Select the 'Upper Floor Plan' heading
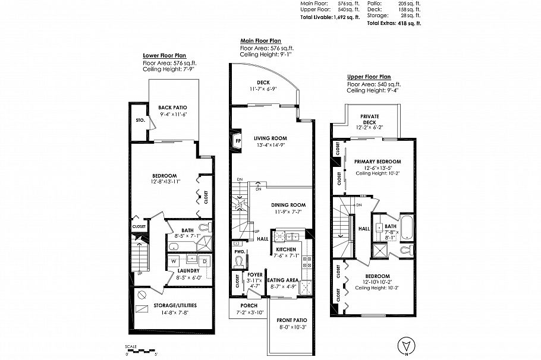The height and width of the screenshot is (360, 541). pyautogui.click(x=369, y=77)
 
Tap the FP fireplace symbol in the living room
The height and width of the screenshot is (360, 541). pyautogui.click(x=238, y=141)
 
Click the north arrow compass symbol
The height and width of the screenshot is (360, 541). pyautogui.click(x=406, y=344)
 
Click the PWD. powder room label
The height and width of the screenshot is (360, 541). pyautogui.click(x=239, y=251)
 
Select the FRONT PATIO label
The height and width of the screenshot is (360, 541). pyautogui.click(x=291, y=321)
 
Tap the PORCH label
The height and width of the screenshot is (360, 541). pyautogui.click(x=249, y=305)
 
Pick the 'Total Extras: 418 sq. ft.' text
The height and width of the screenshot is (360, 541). pyautogui.click(x=394, y=23)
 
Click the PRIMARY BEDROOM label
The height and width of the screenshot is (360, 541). pyautogui.click(x=378, y=162)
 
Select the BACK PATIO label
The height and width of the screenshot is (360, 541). pyautogui.click(x=172, y=108)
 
